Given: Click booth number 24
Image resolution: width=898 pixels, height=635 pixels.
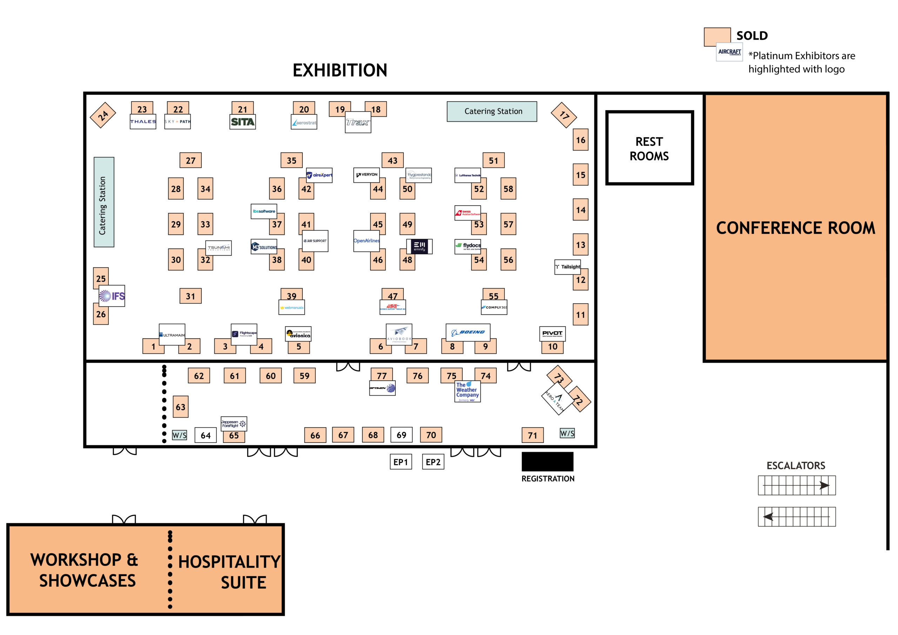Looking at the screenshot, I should coord(103,115).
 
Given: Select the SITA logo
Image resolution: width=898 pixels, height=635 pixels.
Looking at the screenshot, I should coord(242,122).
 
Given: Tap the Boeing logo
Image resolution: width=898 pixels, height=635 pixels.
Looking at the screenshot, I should coord(468,333).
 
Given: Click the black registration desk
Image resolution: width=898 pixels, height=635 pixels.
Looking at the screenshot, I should coord(547,462).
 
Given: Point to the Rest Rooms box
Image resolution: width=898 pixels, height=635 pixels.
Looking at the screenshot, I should coord(649,148).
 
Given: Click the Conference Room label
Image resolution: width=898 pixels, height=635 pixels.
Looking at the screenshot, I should coord(796,228).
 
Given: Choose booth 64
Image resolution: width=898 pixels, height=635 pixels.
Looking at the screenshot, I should coord(206,435).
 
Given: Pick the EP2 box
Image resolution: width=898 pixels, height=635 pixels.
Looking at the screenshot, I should coord(433,462).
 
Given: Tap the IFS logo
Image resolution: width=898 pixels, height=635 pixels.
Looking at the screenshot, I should coord(112,296).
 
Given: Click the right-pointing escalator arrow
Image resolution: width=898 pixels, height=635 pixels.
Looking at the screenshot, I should coord(824,486).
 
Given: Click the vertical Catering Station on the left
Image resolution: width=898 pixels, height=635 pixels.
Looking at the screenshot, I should coord(103,202).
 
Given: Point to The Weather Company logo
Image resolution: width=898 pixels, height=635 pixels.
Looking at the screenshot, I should coord(467,391).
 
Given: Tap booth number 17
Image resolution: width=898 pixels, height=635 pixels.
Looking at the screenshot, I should coord(564,115).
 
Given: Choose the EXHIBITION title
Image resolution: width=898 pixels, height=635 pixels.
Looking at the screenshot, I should coord(340,71).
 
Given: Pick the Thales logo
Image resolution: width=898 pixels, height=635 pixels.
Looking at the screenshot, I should coord(143,122).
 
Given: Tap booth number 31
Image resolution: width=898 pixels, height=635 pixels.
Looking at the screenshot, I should coord(190,296).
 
